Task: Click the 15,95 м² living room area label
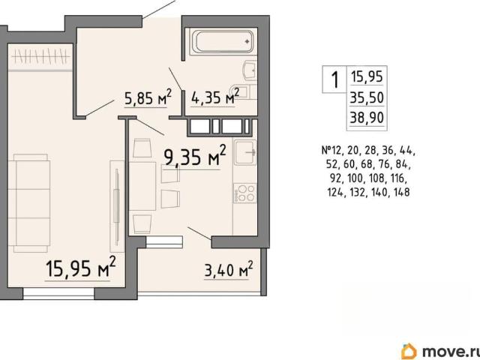tap(81, 267)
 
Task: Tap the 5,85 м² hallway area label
tap(148, 97)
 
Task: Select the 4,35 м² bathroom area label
tap(215, 97)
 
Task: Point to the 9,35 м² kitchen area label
tap(195, 156)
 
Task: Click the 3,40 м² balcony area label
tap(229, 269)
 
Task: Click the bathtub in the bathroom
tap(223, 42)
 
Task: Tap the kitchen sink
tap(245, 151)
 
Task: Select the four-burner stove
tap(245, 193)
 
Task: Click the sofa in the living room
tap(29, 203)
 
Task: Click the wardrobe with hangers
tap(40, 57)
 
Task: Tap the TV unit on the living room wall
tap(117, 206)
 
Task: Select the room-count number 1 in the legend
tap(335, 79)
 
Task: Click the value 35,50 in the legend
tap(367, 98)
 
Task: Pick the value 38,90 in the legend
tap(367, 117)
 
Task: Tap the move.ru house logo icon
tap(409, 350)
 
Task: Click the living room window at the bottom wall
tap(58, 293)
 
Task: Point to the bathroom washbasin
tap(250, 71)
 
